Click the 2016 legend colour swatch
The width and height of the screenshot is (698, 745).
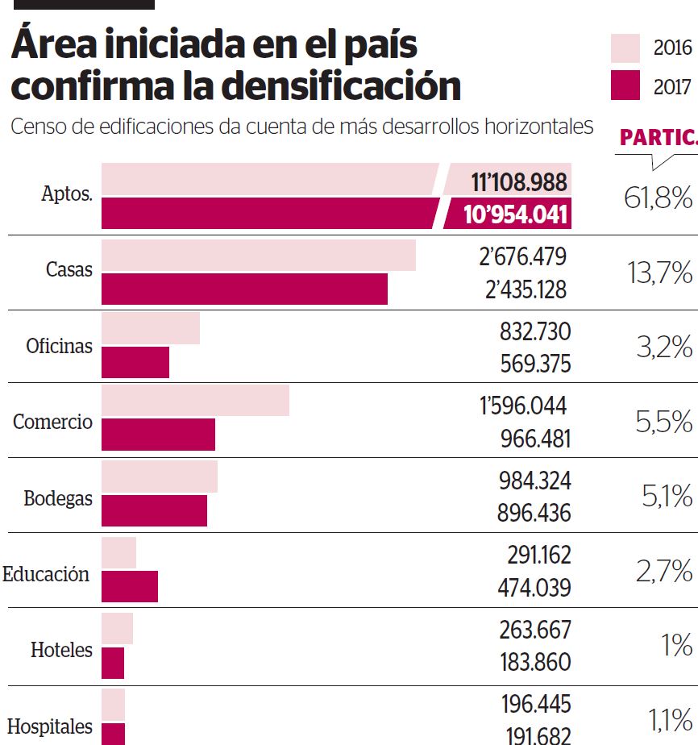(x=625, y=48)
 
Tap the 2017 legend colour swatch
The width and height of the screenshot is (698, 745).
(x=625, y=85)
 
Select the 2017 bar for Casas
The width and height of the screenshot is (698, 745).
(x=244, y=289)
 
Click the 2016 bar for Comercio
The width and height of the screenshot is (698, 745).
(x=195, y=401)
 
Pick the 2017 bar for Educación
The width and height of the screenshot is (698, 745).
(x=130, y=586)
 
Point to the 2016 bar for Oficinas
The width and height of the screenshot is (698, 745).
(x=151, y=328)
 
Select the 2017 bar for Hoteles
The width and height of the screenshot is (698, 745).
(x=113, y=663)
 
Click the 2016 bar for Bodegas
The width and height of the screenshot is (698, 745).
(x=160, y=477)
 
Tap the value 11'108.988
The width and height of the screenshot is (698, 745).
(x=520, y=182)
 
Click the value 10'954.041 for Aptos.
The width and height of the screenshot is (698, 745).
(x=517, y=214)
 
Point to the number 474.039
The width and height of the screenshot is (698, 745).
(x=534, y=588)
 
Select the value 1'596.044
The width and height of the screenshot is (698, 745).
(x=523, y=405)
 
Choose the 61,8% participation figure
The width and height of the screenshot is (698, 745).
(x=658, y=198)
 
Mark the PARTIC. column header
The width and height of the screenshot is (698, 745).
(x=658, y=138)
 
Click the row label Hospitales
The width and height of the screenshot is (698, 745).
(x=50, y=726)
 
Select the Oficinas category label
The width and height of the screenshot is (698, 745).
(x=59, y=347)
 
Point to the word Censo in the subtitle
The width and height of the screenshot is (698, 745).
(x=33, y=127)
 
